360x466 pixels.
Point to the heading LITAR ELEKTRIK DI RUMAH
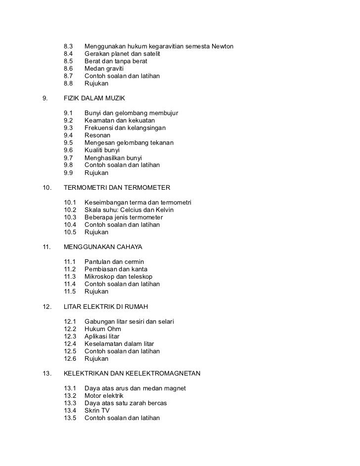coord(106,307)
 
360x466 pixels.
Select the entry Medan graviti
coord(104,69)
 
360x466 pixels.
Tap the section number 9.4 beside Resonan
coord(69,135)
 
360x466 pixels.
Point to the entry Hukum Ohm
coord(103,329)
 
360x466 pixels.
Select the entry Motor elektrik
coord(104,396)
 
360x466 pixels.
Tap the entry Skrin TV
coord(97,411)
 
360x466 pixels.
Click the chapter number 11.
coord(47,247)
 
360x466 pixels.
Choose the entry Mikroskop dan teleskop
coord(119,277)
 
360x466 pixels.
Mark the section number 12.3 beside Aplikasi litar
coord(71,337)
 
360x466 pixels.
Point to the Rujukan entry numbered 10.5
coord(96,232)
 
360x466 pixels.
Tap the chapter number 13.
coord(47,374)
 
